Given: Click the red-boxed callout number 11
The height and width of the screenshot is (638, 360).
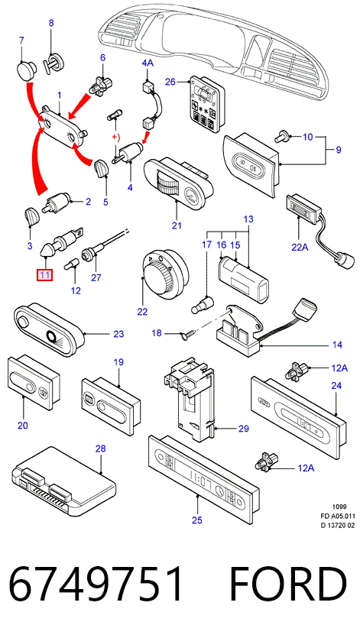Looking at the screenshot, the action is pos(44,276).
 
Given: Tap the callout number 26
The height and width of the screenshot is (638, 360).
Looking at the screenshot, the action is pos(170,83).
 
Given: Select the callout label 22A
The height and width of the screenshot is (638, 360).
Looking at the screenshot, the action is pos(299,247).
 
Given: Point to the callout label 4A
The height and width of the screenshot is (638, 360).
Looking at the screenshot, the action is pos(148,63).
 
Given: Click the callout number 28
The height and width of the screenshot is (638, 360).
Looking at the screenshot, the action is pos(101,449).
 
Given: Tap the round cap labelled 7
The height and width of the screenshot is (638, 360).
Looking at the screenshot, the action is pos(26,71).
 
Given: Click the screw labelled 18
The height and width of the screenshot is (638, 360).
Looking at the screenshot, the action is pos(187,335).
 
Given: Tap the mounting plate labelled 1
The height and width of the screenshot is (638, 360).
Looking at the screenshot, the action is pos(64,127).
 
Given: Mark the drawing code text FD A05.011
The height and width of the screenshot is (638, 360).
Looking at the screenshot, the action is pos(337,516).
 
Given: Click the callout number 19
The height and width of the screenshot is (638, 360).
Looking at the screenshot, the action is pos(118,362).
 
